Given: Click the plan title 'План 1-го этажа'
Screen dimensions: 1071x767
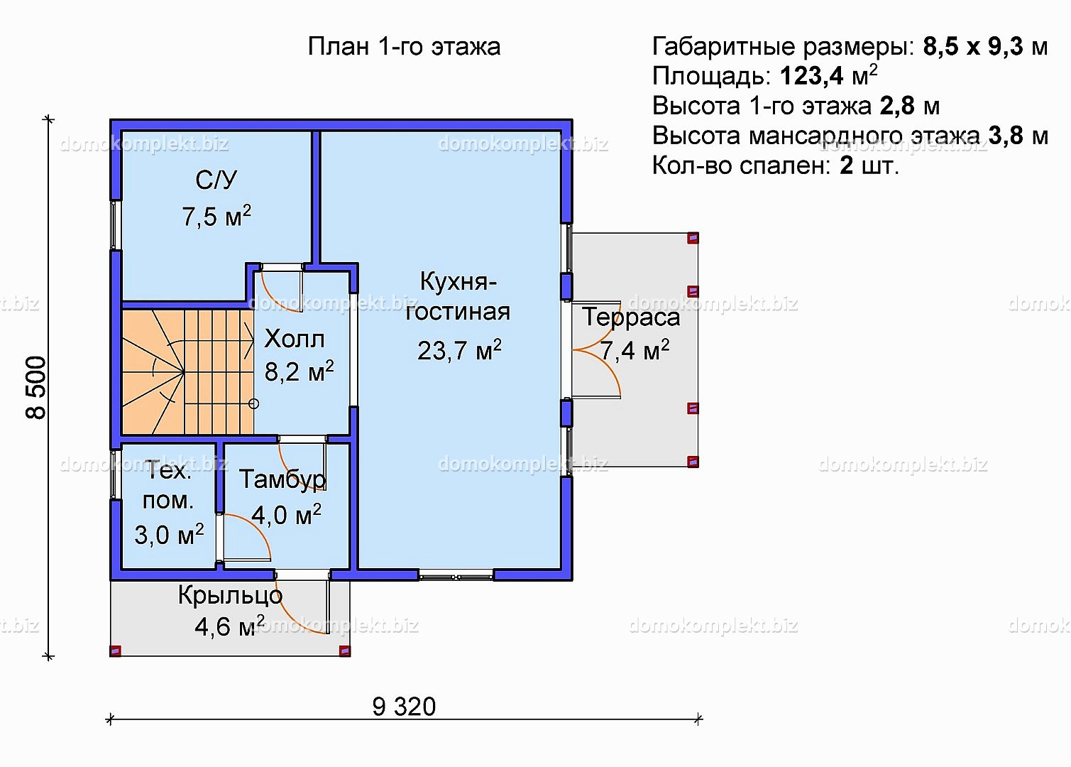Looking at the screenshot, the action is (404, 47).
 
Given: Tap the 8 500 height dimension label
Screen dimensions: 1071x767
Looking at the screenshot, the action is (36, 388).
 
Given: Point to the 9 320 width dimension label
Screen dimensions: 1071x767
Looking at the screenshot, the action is (404, 707).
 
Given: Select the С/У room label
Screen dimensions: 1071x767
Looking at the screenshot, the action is (216, 180).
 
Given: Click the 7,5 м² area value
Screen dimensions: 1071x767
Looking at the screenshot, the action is (216, 217).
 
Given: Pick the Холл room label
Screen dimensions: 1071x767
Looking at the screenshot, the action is (294, 339).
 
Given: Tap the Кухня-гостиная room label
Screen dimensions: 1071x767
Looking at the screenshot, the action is (458, 297).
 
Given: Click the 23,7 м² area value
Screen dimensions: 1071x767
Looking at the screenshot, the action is (459, 350).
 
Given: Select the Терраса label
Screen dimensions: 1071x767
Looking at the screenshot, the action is (631, 317).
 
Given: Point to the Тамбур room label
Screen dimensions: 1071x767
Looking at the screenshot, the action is (282, 479).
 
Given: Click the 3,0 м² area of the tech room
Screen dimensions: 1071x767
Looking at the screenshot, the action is (169, 535).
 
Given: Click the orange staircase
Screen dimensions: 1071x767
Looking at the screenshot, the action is (187, 372).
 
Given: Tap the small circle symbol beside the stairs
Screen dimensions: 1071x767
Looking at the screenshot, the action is (254, 404).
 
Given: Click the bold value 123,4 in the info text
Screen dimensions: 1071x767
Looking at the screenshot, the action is (811, 76).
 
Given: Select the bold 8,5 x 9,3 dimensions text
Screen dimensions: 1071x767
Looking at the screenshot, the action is (973, 46).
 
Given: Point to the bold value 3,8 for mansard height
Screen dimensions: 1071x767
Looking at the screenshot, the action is (1006, 136).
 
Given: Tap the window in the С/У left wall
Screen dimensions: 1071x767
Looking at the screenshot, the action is (116, 224).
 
